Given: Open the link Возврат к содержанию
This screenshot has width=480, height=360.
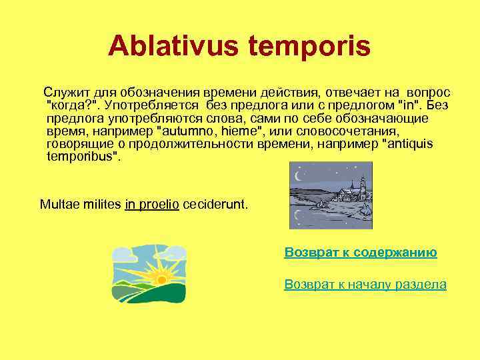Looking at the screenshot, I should pyautogui.click(x=361, y=253).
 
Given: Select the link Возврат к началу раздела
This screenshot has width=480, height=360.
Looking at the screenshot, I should pyautogui.click(x=365, y=285).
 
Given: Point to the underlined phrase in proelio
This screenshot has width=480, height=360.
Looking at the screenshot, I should pyautogui.click(x=152, y=204).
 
